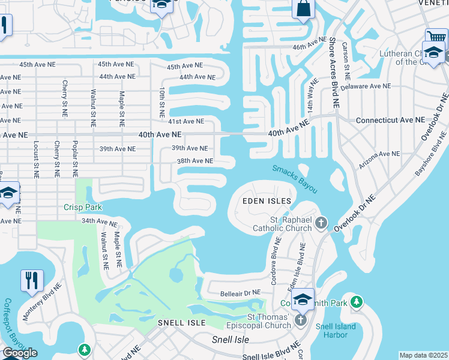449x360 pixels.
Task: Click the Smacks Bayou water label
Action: [x=294, y=179]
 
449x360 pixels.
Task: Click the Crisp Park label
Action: [x=83, y=208]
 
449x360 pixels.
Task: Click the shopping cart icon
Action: [x=436, y=39]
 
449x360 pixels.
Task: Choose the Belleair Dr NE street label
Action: [x=240, y=292]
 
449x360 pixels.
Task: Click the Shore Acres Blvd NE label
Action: [x=333, y=71]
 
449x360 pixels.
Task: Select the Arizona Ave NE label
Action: [x=379, y=154]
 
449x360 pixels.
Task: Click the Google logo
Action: [x=20, y=353]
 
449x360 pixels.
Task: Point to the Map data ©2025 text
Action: [x=423, y=355]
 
